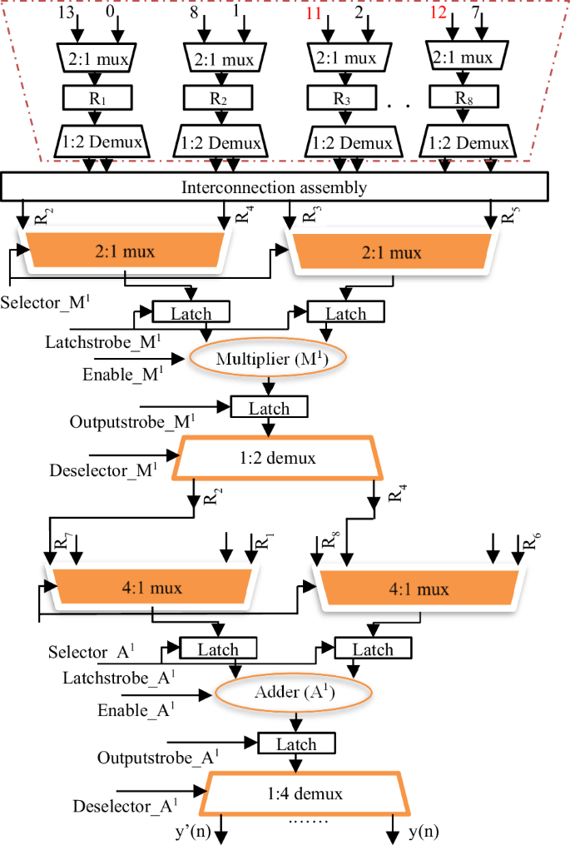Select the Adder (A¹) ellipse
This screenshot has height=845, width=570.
tap(292, 692)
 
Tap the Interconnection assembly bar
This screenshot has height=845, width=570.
tap(274, 186)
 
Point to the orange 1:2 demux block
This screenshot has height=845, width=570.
tap(275, 459)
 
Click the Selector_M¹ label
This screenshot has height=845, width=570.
tap(43, 300)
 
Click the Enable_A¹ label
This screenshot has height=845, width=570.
tap(137, 709)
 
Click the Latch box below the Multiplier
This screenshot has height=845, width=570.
tap(269, 407)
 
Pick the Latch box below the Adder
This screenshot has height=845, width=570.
tap(296, 743)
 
